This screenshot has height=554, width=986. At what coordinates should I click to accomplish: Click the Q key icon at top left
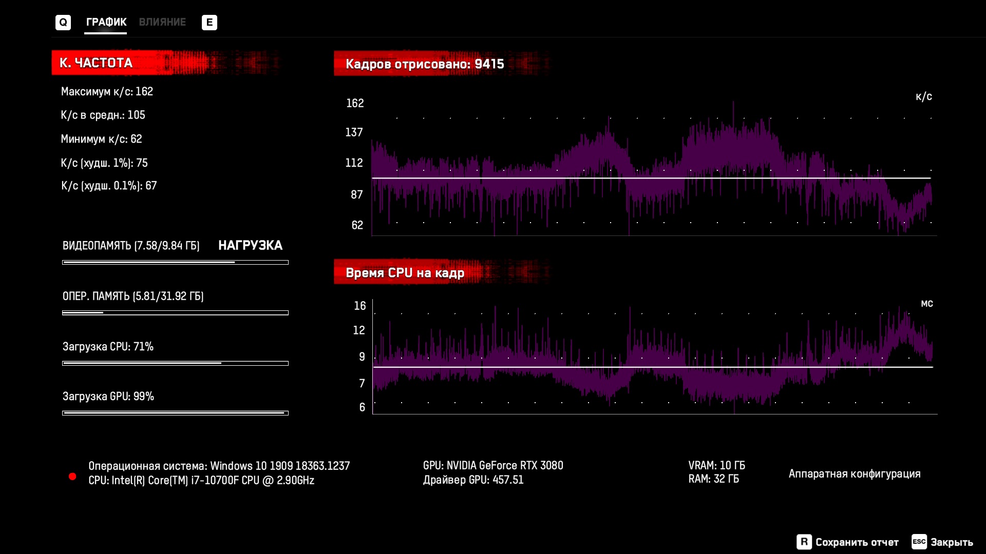point(63,23)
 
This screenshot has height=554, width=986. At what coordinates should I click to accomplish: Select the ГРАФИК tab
point(106,22)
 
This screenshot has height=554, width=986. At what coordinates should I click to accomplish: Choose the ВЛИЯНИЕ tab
point(162,22)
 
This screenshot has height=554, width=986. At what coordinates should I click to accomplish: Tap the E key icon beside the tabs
point(209,23)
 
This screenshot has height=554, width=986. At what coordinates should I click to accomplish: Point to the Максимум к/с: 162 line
point(107,91)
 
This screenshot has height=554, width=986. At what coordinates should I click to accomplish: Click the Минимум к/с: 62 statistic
point(101,139)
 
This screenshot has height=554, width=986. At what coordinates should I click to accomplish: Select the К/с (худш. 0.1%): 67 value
point(109,186)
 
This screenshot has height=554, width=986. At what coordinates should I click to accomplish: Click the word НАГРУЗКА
point(250,245)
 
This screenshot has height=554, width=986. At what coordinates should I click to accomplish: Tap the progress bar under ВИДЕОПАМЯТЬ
point(175,262)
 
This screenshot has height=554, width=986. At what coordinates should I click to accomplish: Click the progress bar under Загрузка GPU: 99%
point(175,413)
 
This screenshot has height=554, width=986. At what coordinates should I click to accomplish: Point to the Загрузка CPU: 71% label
point(108,347)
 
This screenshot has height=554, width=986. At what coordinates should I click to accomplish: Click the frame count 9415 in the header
point(489,64)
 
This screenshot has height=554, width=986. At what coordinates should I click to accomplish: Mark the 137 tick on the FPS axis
point(354,132)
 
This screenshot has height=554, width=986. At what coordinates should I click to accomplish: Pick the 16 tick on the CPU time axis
point(359,306)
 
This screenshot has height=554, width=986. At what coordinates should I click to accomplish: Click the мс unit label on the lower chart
point(926,304)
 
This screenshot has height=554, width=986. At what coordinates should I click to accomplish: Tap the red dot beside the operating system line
point(72,477)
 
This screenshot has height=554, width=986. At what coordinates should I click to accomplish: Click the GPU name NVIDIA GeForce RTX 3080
point(504,465)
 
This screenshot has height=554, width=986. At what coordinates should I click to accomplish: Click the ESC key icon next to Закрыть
point(919,542)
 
